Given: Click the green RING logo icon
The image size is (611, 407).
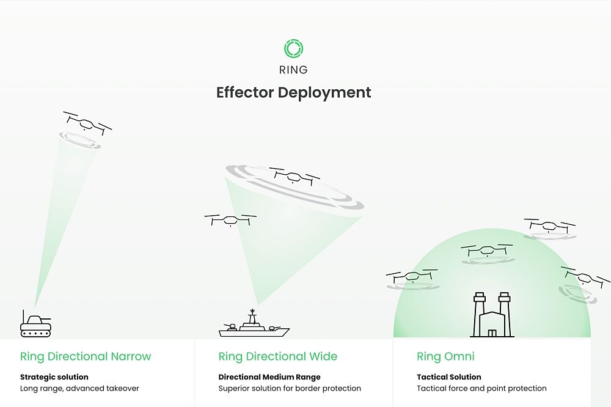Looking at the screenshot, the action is [x=293, y=49].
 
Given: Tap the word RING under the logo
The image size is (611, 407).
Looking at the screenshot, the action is [x=293, y=70].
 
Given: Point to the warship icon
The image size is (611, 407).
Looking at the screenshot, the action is [x=254, y=323].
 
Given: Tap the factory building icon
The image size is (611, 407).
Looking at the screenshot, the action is [x=492, y=315].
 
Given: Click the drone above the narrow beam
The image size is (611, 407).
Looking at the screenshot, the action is [x=87, y=123].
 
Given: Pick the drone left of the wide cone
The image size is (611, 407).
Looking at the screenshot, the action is [x=230, y=220].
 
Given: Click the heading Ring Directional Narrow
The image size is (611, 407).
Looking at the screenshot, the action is [x=86, y=356].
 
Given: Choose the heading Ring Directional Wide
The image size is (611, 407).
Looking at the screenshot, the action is [x=278, y=356].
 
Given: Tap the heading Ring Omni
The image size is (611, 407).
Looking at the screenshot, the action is [x=445, y=356].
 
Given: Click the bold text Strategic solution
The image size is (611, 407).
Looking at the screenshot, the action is [x=54, y=377].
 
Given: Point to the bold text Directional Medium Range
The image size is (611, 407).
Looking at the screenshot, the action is [x=269, y=377].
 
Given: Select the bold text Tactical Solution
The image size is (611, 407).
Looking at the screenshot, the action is [x=449, y=377].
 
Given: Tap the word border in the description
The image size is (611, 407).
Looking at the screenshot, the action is [x=309, y=388].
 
